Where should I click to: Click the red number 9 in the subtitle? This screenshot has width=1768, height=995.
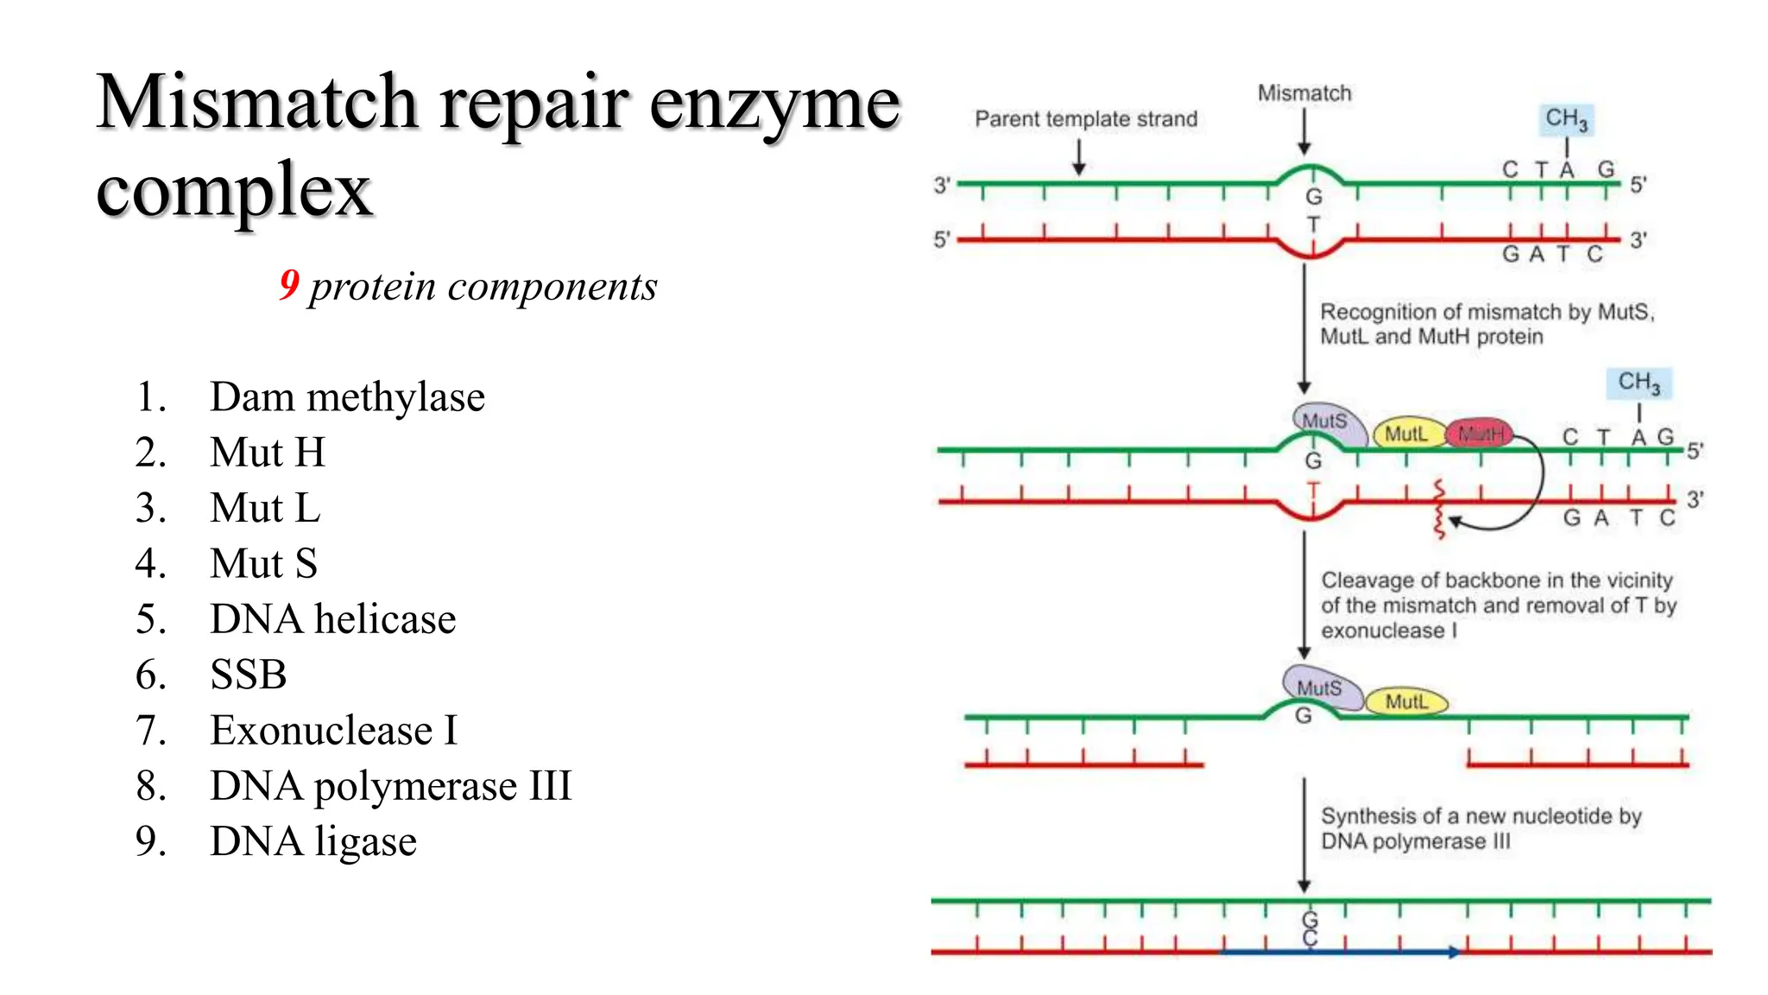tap(289, 284)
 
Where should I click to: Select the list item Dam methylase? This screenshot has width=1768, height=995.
tap(347, 397)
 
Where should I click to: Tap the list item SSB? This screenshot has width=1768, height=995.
tap(249, 675)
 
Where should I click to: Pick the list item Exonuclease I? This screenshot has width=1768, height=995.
tap(333, 731)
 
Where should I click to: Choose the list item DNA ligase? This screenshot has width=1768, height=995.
tap(313, 841)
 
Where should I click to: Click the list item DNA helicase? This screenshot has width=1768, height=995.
tap(332, 619)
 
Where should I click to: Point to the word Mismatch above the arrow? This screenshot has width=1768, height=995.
tap(1304, 93)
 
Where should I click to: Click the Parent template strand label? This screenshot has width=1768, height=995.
tap(1085, 119)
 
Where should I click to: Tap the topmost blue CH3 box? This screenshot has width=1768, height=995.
tap(1566, 119)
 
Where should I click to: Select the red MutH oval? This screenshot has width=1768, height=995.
tap(1481, 434)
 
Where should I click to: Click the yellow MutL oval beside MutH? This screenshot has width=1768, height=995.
tap(1406, 434)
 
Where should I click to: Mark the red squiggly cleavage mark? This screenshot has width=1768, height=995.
tap(1438, 510)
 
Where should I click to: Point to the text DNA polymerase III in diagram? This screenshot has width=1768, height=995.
tap(1416, 841)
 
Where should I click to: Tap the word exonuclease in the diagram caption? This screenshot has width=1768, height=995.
tap(1382, 631)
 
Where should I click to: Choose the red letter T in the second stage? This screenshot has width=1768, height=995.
tap(1313, 491)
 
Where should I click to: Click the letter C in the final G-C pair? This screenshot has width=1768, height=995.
tap(1310, 938)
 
